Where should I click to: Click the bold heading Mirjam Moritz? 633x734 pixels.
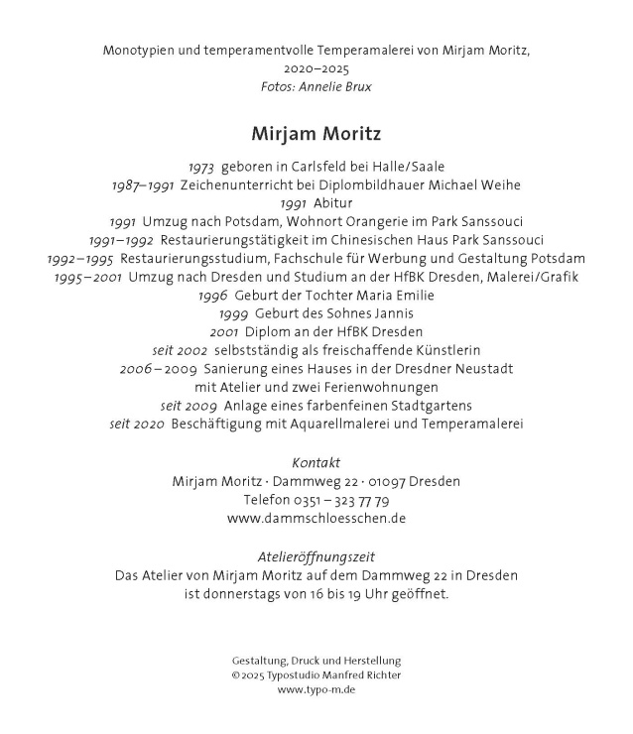(316, 132)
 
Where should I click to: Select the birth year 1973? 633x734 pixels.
(200, 167)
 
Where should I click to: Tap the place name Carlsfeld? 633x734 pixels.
(324, 167)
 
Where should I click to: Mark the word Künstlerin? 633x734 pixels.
(416, 350)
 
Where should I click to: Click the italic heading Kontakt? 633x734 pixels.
(316, 463)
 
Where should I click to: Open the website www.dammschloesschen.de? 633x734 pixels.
(316, 518)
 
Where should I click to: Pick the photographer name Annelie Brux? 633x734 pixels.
(339, 86)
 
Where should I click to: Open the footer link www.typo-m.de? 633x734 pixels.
(316, 689)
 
